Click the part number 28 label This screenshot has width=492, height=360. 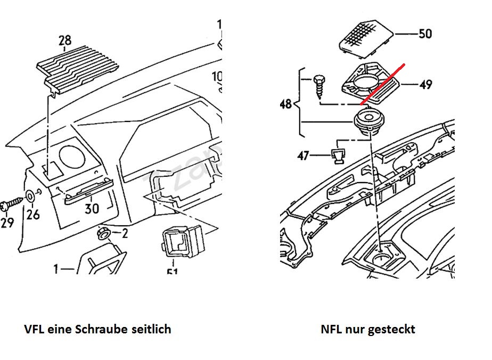(64, 40)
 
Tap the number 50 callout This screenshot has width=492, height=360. (425, 34)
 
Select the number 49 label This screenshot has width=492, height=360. (425, 84)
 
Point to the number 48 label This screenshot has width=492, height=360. (286, 103)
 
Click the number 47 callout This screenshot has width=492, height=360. (303, 156)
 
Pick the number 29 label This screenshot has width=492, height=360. (7, 222)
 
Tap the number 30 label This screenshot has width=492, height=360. (92, 208)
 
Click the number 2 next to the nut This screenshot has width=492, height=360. (125, 233)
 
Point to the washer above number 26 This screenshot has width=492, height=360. (31, 195)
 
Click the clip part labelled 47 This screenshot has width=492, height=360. (337, 157)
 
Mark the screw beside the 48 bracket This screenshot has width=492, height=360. (319, 85)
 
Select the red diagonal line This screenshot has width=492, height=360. (382, 84)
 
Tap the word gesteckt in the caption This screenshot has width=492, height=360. (393, 329)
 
